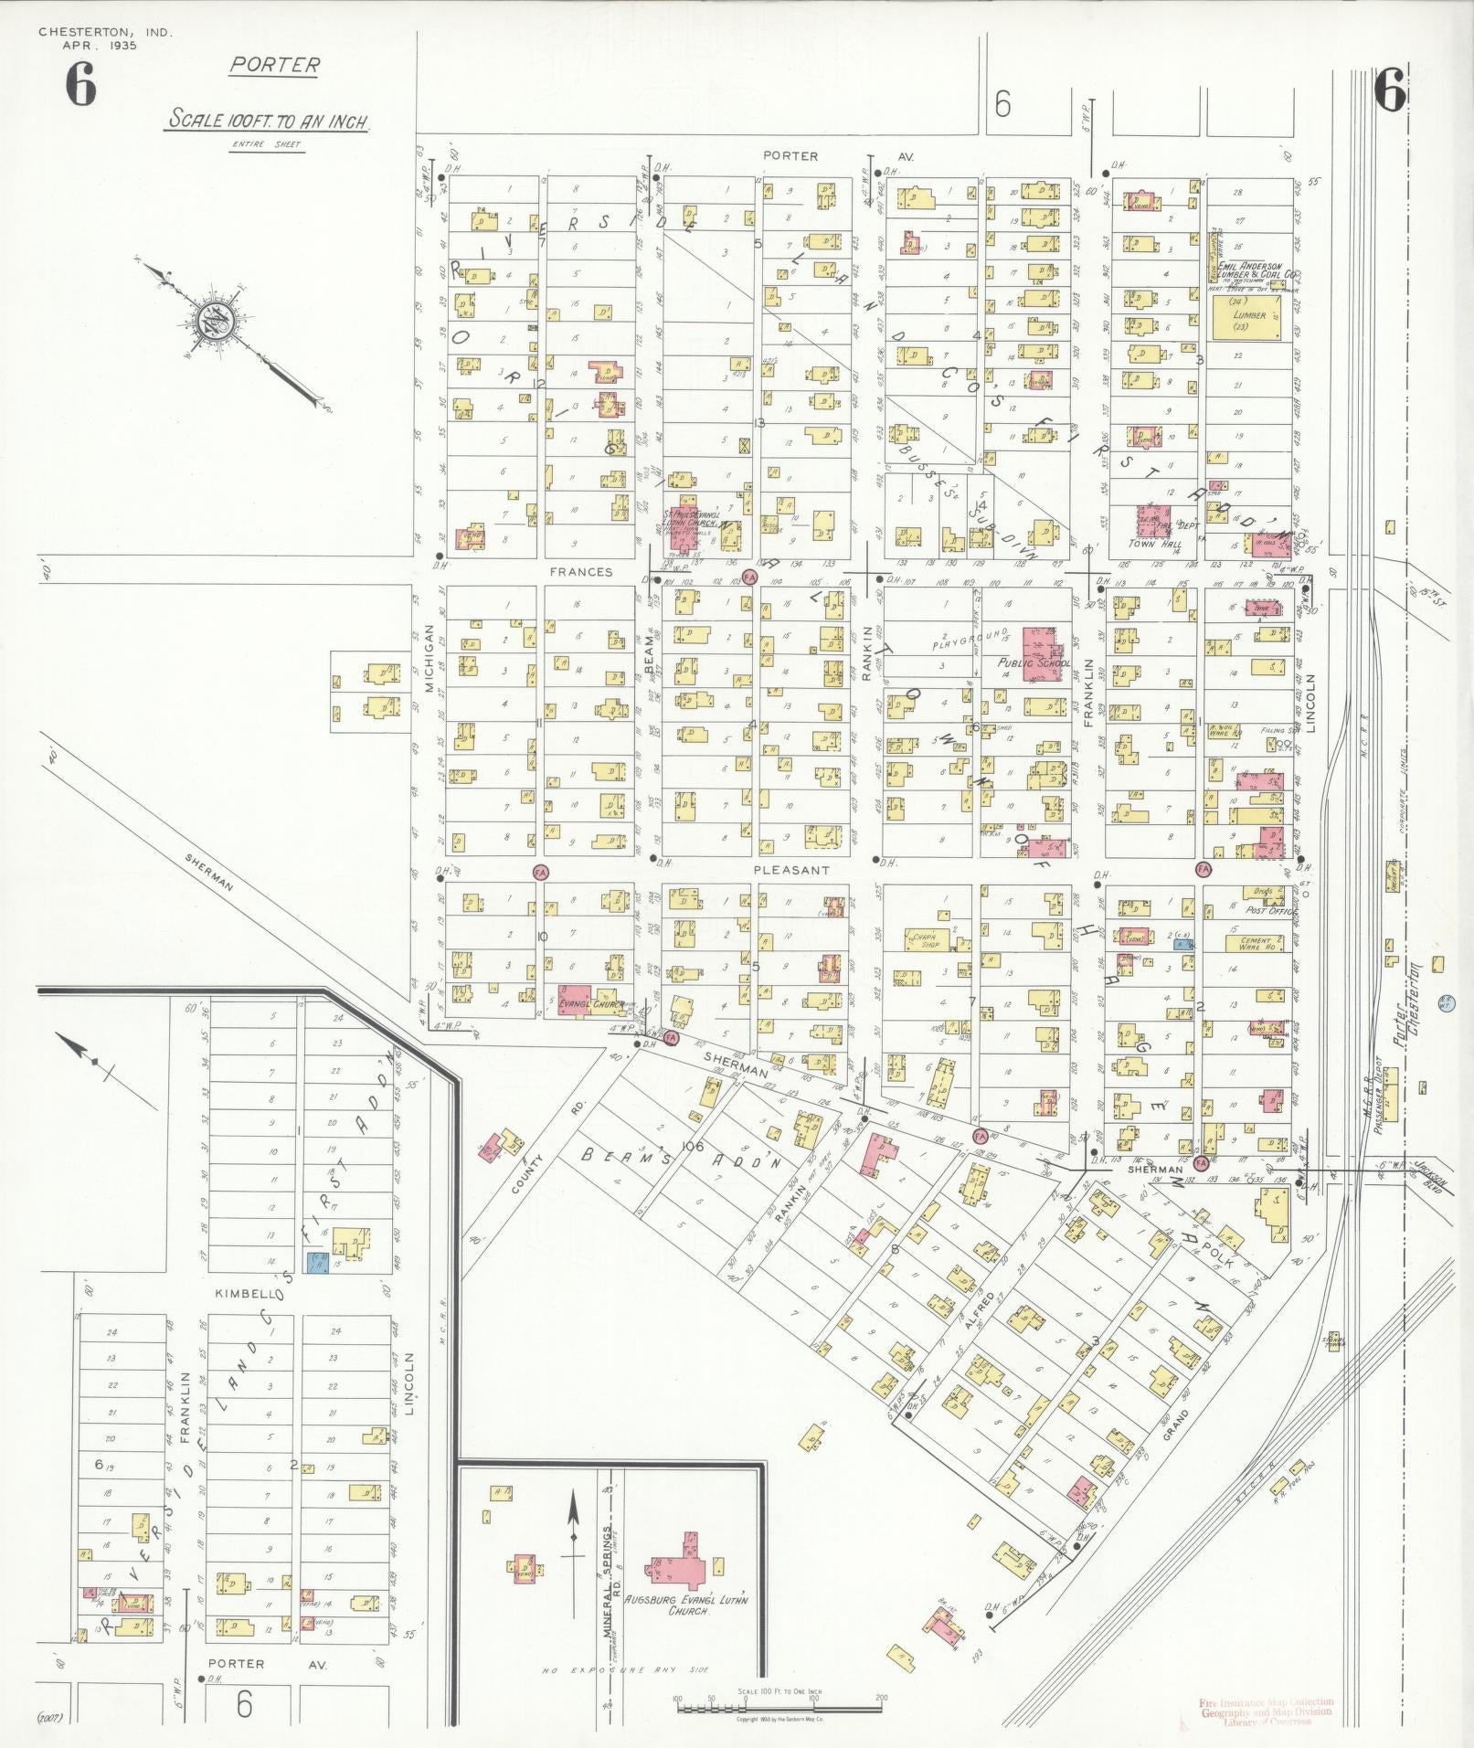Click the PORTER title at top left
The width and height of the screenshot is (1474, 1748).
pos(274,65)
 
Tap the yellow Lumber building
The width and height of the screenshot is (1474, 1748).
pos(1248,321)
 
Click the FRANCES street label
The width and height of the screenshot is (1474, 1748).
pos(581,572)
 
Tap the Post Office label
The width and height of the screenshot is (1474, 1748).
pos(1265,910)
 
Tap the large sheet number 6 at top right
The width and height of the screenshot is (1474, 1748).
pos(1390,90)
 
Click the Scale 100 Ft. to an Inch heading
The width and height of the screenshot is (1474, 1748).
pos(268,121)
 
